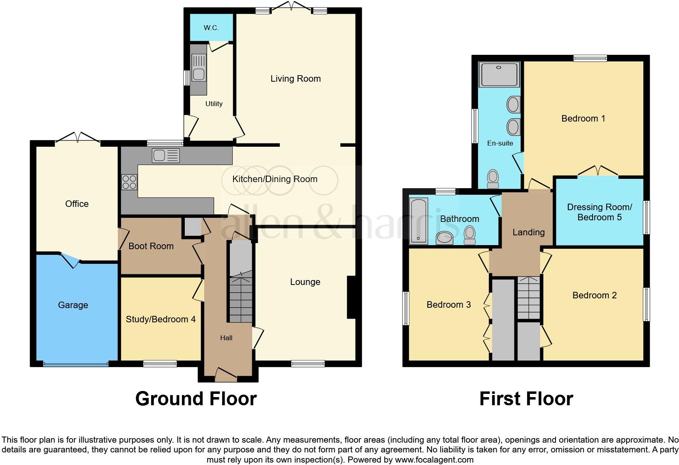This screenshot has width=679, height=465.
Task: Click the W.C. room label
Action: (211, 28)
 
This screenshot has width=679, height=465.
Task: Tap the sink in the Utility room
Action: (199, 74)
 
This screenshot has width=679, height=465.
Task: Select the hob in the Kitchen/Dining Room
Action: (130, 182)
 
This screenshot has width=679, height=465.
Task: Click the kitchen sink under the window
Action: (165, 156)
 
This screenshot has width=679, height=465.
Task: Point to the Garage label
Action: (73, 305)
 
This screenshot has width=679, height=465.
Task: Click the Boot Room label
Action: (151, 246)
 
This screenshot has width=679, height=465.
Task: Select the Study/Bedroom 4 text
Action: (161, 319)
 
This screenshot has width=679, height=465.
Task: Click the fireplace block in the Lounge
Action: (351, 297)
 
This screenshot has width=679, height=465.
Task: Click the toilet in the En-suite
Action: (493, 179)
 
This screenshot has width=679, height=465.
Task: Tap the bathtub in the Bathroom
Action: (419, 220)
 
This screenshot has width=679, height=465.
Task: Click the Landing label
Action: (528, 232)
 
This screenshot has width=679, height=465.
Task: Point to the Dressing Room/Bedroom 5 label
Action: (599, 212)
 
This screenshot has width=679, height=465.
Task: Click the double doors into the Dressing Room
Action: (598, 171)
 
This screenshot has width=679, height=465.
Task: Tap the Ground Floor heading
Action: (196, 399)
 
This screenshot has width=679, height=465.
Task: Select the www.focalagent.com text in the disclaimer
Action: (434, 460)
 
